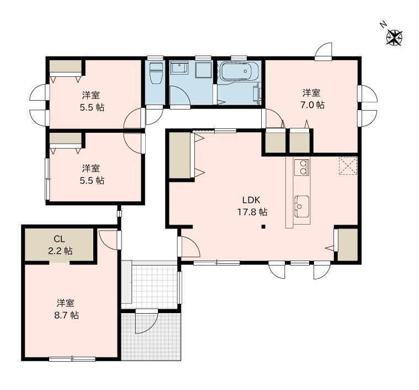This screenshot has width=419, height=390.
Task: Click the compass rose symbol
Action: pos(394,38)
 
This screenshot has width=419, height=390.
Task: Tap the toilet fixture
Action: pos(156,73)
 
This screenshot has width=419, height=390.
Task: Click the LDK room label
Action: pos(251,200)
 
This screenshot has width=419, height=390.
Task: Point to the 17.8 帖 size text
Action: pos(252,212)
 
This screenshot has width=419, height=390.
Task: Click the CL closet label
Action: pos(59,238)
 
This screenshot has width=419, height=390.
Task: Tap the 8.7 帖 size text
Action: pos(67,315)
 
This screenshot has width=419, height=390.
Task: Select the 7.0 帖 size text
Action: pos(312,105)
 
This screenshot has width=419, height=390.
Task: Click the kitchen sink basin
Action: pos(302,206)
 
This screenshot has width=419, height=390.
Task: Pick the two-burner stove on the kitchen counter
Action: pos(302,168)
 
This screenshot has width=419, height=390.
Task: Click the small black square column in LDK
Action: pos(263,227)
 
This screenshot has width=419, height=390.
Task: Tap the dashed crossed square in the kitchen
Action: pos(348,166)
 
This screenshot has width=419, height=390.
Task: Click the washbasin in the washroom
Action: pos(179,68)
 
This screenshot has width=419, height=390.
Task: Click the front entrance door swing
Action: pos(147,322)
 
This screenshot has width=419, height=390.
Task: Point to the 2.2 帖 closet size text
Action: pos(60,251)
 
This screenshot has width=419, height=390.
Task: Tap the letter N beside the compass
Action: pos(384,25)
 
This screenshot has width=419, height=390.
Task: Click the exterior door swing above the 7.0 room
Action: pos(323,51)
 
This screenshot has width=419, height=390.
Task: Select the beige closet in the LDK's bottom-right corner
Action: pos(348,245)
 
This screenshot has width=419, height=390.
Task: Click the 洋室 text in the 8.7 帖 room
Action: pos(66,303)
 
